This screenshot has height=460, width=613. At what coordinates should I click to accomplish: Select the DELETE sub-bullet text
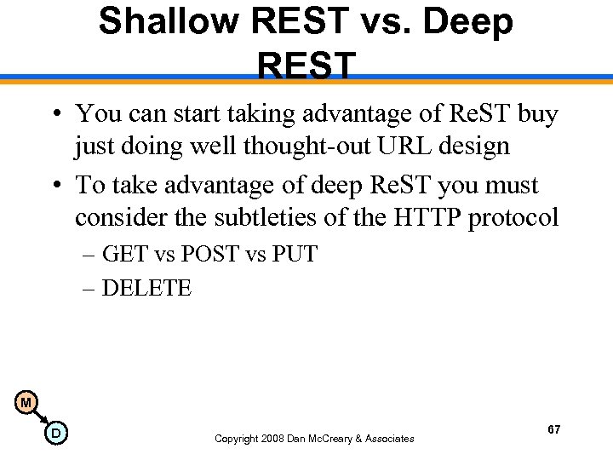(x=146, y=288)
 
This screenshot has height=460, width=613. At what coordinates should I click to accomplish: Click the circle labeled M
(x=26, y=402)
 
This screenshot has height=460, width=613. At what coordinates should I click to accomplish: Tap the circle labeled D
(x=55, y=434)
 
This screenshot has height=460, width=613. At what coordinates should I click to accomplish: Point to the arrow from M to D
(x=41, y=418)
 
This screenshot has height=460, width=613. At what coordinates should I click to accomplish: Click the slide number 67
(x=554, y=429)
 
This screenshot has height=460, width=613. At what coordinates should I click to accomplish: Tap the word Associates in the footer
(x=386, y=439)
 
